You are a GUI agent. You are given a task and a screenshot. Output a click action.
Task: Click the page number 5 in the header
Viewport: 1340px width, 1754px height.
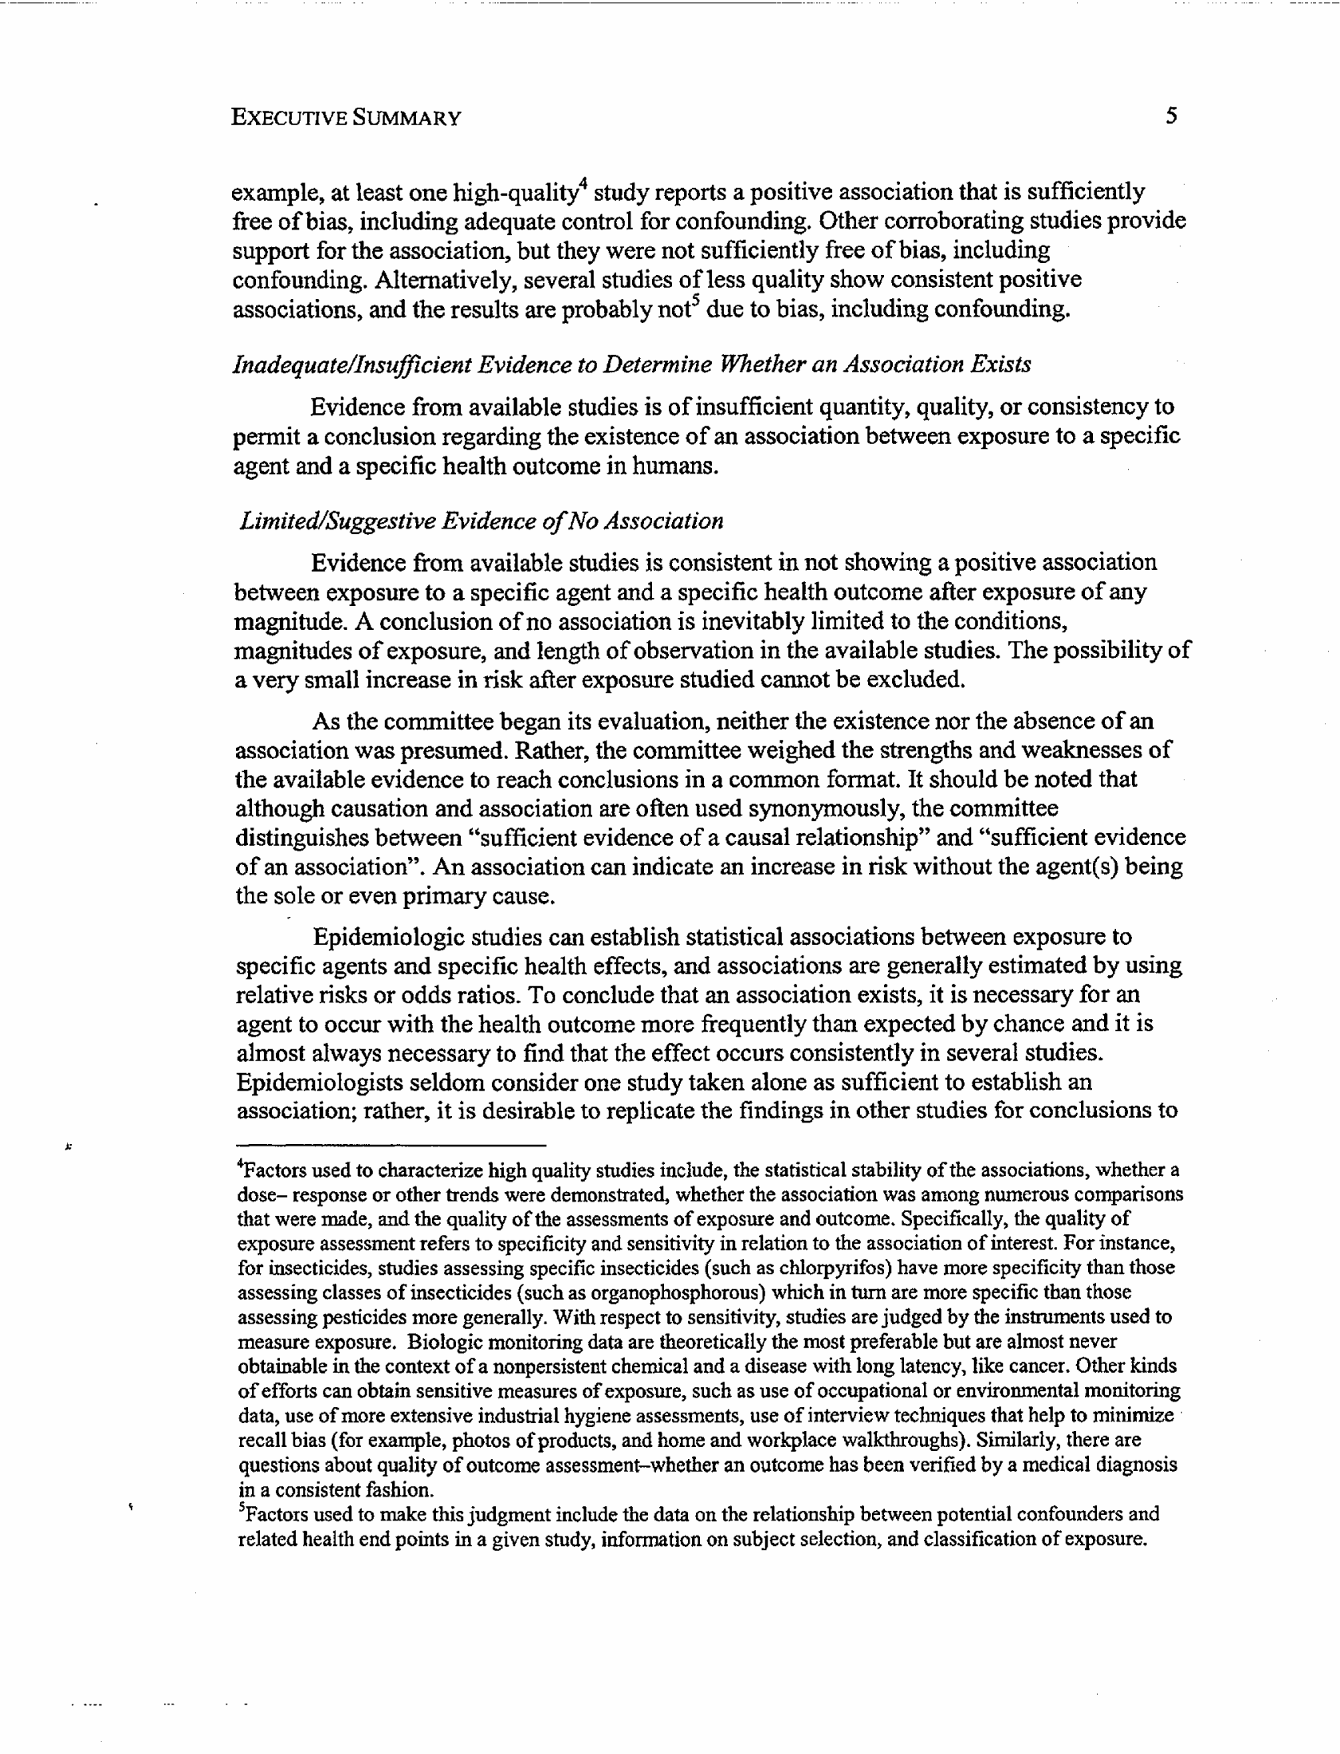coord(1170,116)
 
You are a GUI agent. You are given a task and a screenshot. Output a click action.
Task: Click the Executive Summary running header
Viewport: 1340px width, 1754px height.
coord(345,118)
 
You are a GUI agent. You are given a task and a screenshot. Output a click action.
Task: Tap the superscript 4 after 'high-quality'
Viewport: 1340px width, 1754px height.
coord(583,185)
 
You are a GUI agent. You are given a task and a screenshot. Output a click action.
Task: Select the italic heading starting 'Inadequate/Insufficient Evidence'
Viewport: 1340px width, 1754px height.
coord(631,364)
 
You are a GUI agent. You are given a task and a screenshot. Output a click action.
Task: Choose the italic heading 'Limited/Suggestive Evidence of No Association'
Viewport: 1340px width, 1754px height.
coord(481,521)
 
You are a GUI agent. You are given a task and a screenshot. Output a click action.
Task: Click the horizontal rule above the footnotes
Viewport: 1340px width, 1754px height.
coord(391,1145)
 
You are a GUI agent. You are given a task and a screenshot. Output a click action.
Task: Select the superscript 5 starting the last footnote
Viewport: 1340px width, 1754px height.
coord(242,1509)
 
